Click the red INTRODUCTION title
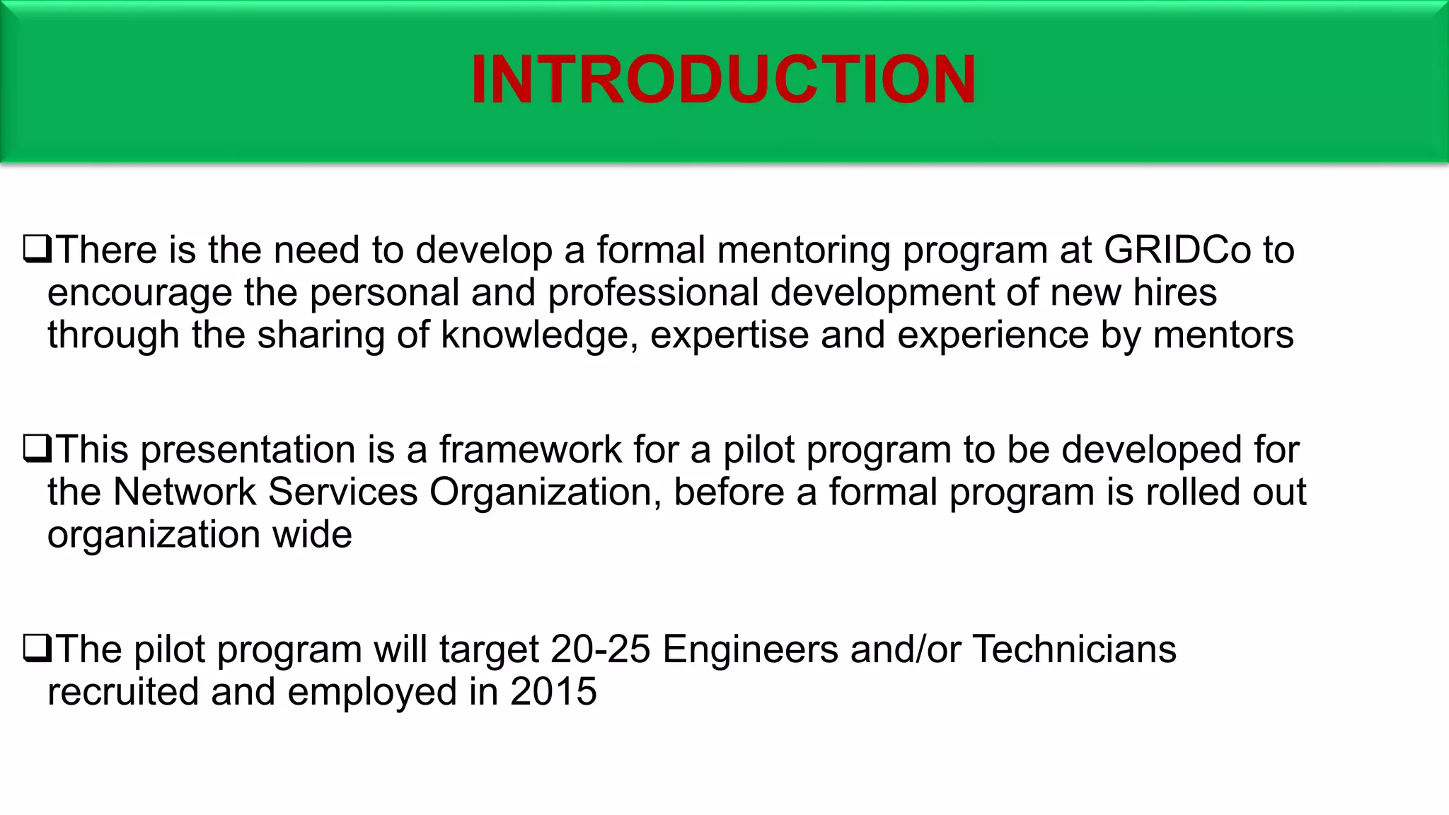pyautogui.click(x=724, y=80)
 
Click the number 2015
pyautogui.click(x=553, y=691)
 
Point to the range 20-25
pyautogui.click(x=600, y=649)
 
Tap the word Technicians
pyautogui.click(x=1074, y=649)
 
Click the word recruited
pyautogui.click(x=122, y=691)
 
